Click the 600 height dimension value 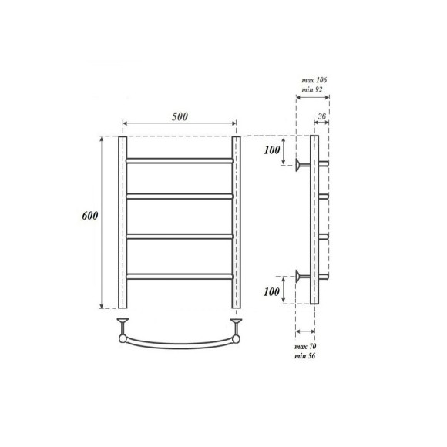(x=90, y=217)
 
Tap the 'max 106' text (x=313, y=80)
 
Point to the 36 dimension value (x=324, y=117)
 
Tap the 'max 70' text (x=307, y=348)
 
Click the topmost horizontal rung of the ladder (x=179, y=160)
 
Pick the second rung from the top (x=179, y=197)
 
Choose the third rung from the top (x=179, y=235)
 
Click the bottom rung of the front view (x=179, y=274)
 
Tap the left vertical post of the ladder (x=122, y=222)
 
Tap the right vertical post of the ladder (x=237, y=222)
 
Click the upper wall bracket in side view (x=301, y=163)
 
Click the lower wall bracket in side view (x=301, y=277)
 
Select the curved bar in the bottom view (x=179, y=344)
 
